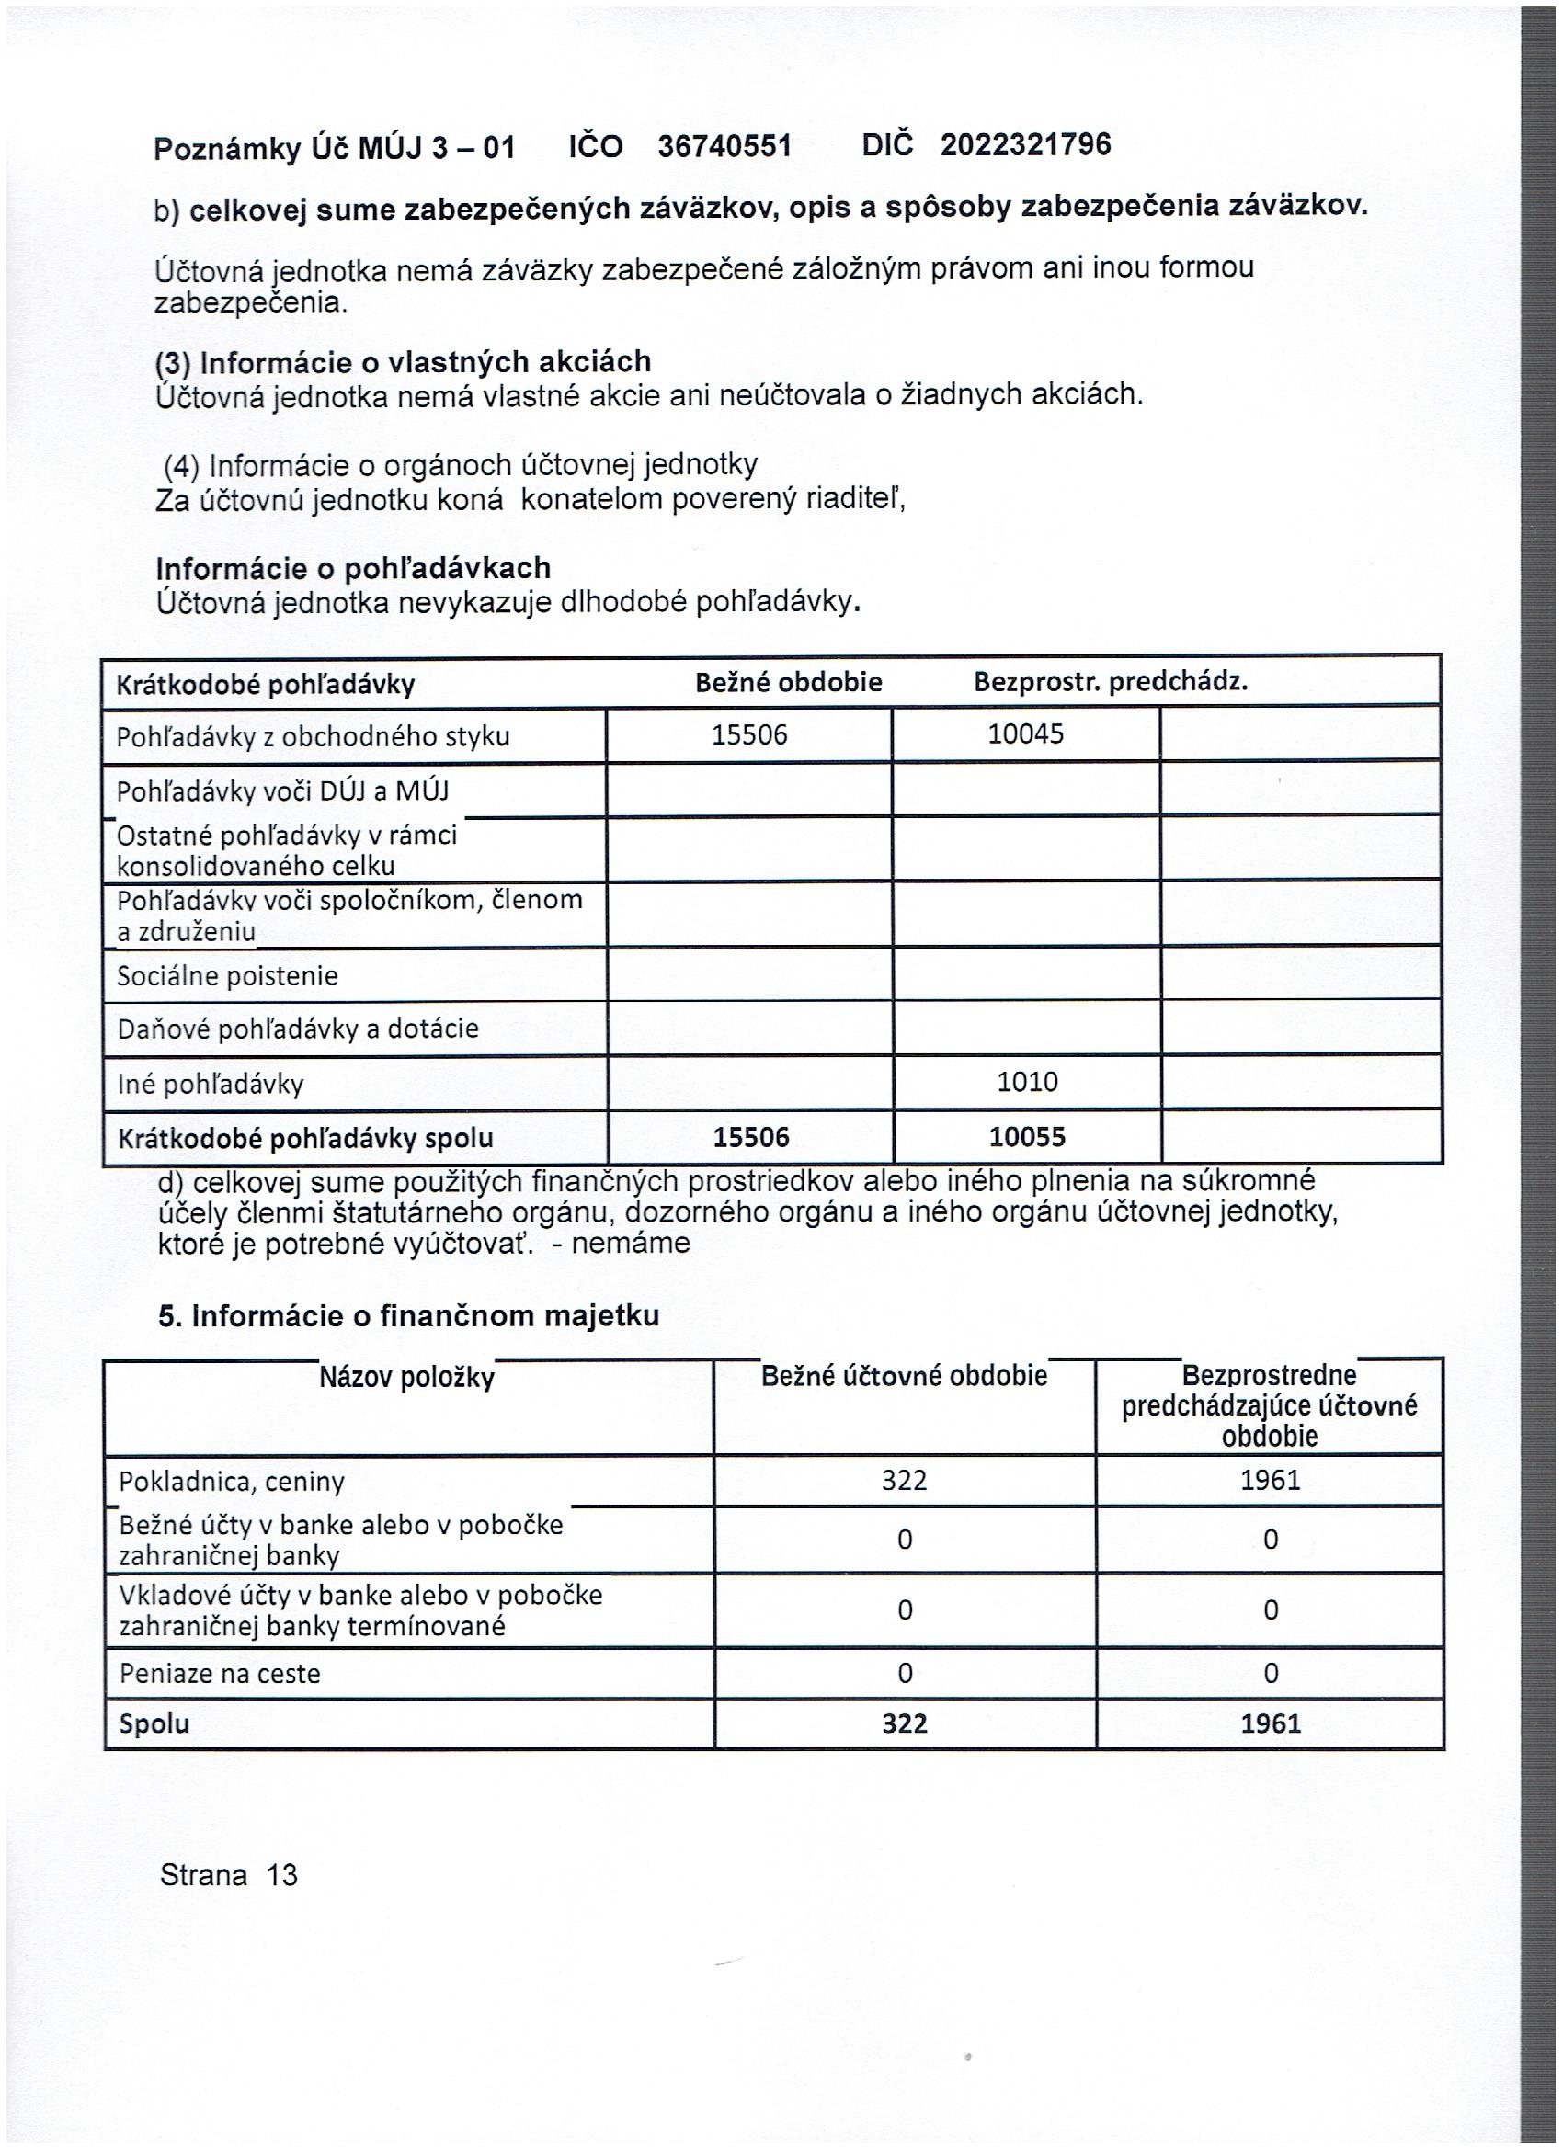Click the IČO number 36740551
pyautogui.click(x=724, y=146)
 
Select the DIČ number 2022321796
pyautogui.click(x=1025, y=144)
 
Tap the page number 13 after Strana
pyautogui.click(x=282, y=1875)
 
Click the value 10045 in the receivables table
pyautogui.click(x=1025, y=734)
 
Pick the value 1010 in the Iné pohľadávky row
pyautogui.click(x=1028, y=1082)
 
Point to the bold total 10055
pyautogui.click(x=1028, y=1137)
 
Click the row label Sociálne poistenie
pyautogui.click(x=227, y=976)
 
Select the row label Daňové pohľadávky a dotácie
pyautogui.click(x=298, y=1029)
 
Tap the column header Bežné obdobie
pyautogui.click(x=789, y=682)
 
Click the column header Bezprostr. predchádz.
pyautogui.click(x=1111, y=682)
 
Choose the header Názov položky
pyautogui.click(x=406, y=1378)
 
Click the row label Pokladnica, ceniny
pyautogui.click(x=232, y=1482)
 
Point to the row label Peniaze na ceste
pyautogui.click(x=220, y=1674)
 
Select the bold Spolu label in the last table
pyautogui.click(x=154, y=1723)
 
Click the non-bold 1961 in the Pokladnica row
pyautogui.click(x=1270, y=1480)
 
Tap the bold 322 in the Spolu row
pyautogui.click(x=905, y=1723)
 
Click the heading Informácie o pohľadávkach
pyautogui.click(x=354, y=569)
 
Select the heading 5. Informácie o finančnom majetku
pyautogui.click(x=408, y=1316)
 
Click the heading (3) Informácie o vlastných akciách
pyautogui.click(x=403, y=362)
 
